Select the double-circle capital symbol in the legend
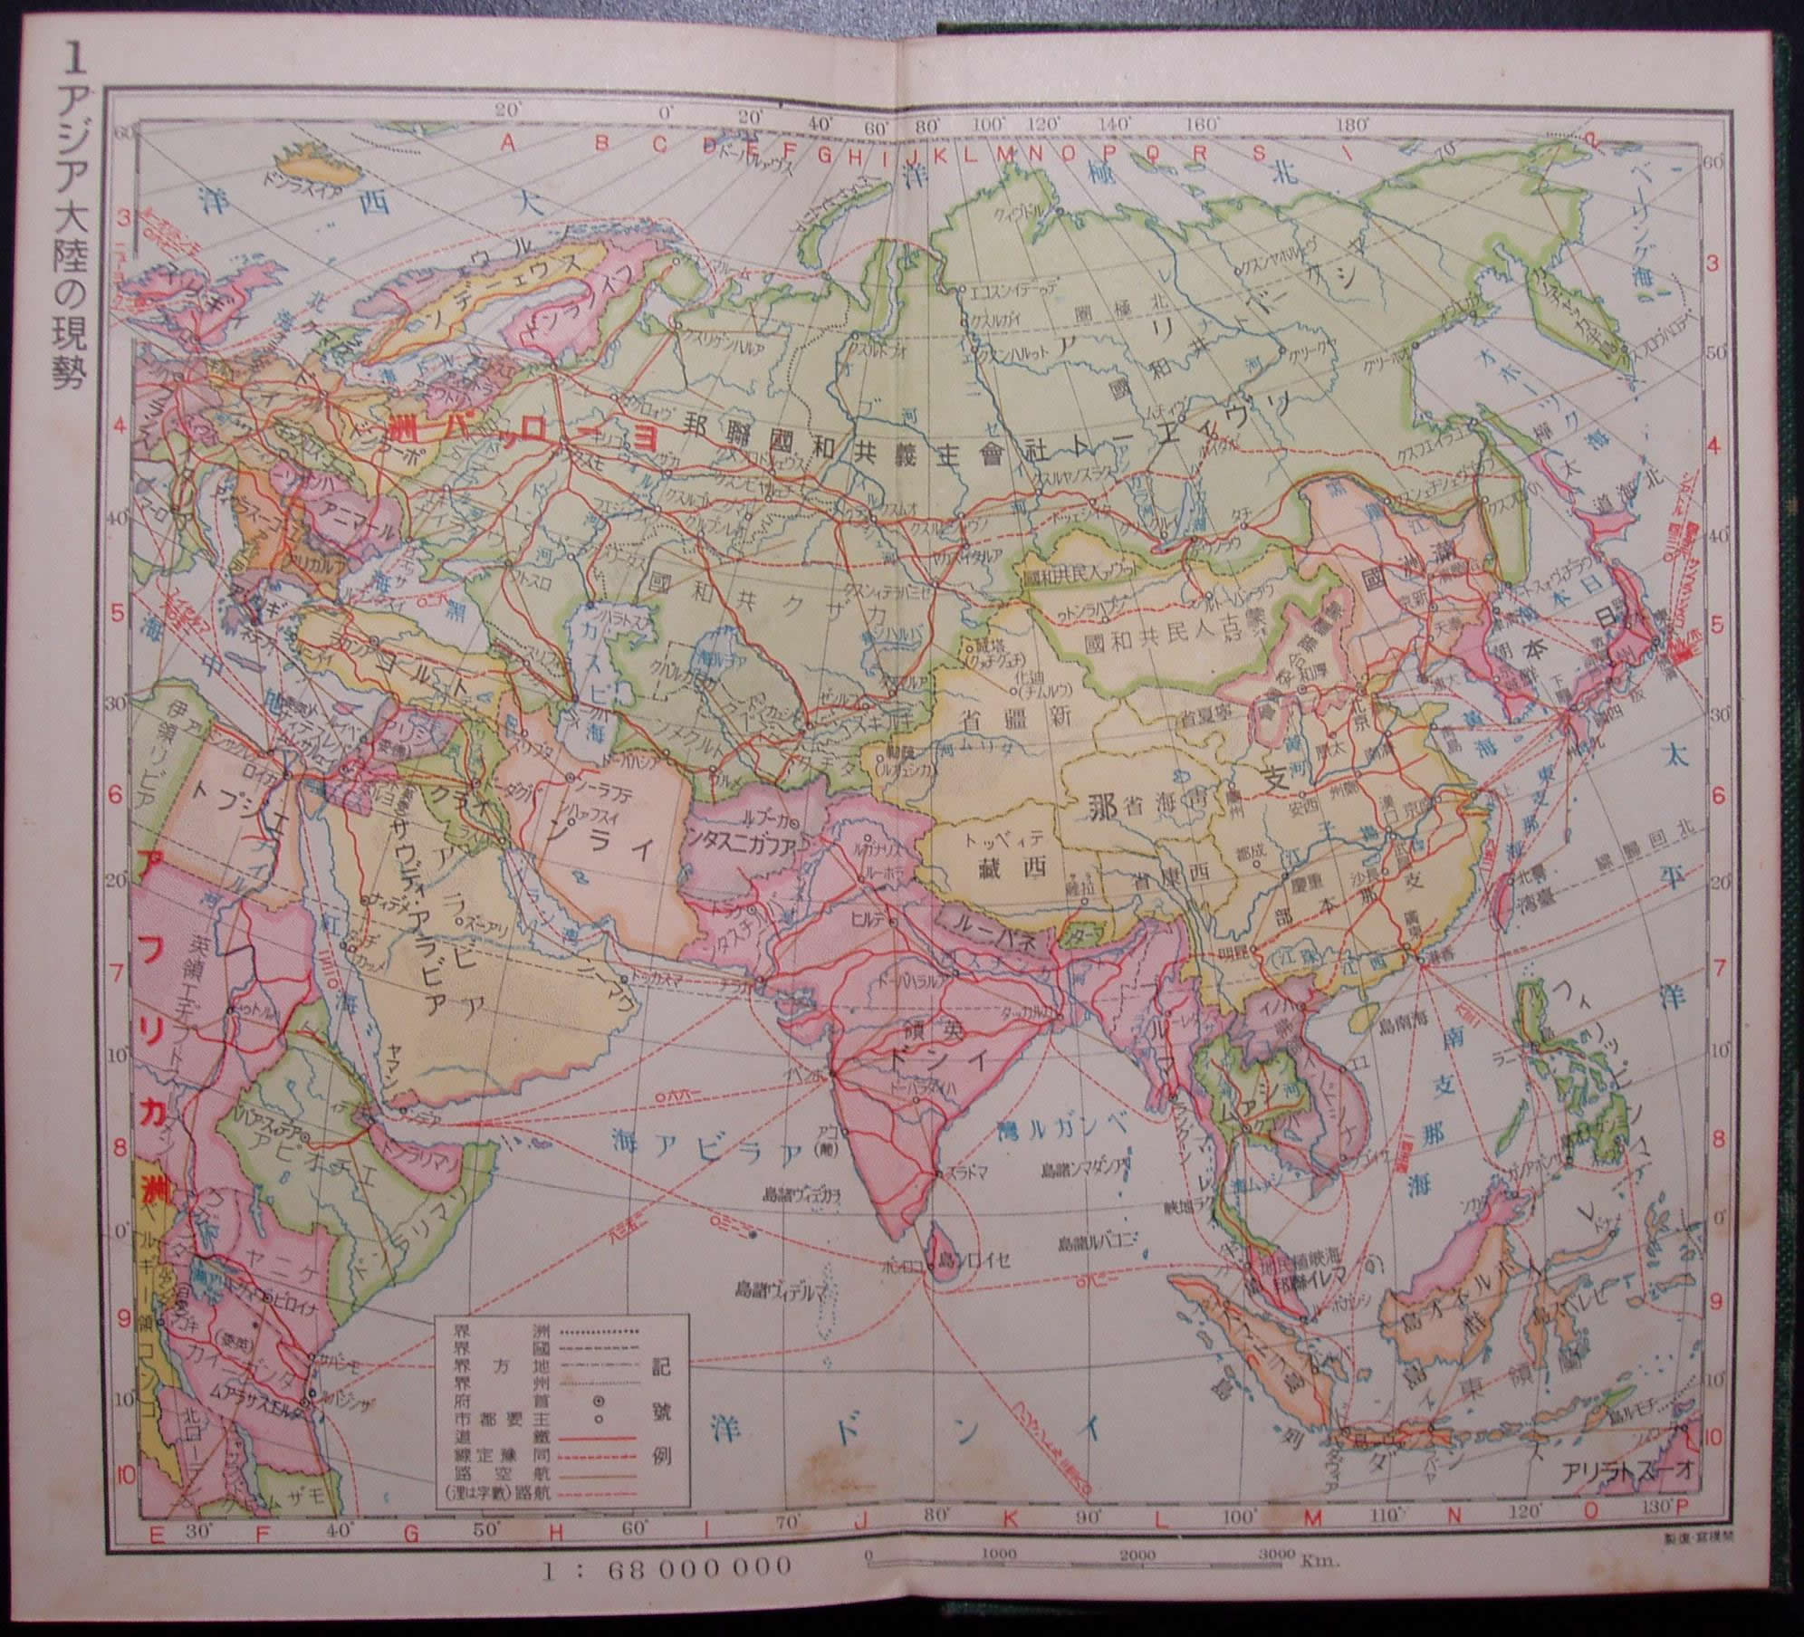tap(599, 1427)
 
